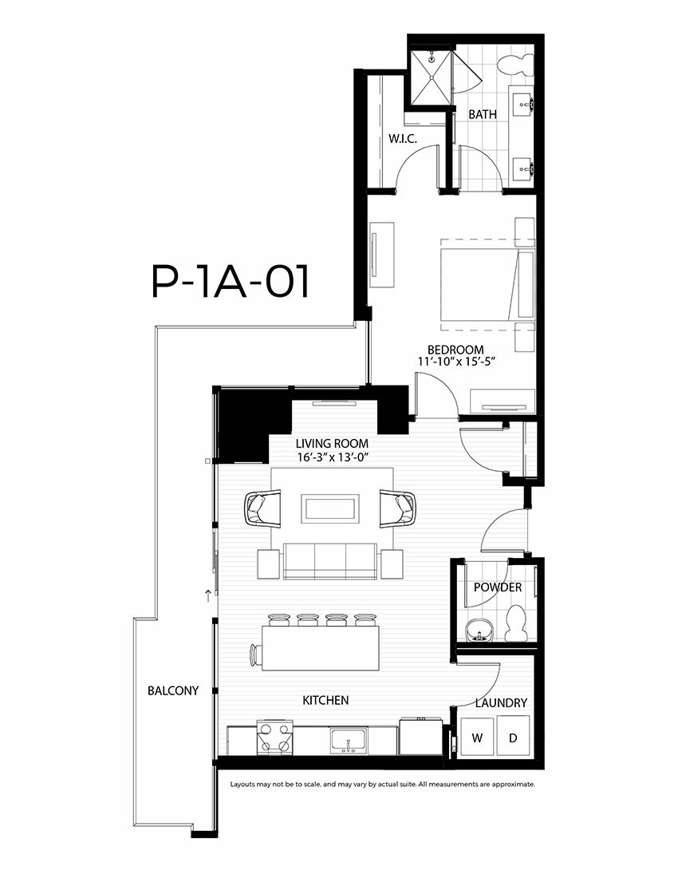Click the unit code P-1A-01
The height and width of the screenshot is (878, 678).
point(231,283)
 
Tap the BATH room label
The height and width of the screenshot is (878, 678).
point(483,114)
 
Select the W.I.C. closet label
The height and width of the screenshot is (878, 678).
point(403,139)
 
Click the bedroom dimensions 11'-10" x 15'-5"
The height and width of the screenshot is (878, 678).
point(457,362)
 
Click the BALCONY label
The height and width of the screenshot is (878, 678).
point(173,690)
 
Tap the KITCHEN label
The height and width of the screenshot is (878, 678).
point(325,700)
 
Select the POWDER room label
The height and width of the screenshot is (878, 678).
point(497,587)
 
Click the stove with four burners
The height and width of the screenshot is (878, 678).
point(275,738)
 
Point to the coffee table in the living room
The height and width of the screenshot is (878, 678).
point(331,508)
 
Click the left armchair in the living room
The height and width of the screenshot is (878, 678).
point(262,508)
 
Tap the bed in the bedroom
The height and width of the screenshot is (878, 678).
point(487,285)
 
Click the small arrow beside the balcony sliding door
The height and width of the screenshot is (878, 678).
point(208,595)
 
